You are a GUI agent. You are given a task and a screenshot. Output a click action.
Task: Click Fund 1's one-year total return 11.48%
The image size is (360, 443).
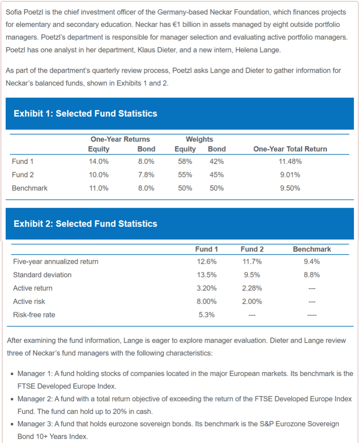pos(290,162)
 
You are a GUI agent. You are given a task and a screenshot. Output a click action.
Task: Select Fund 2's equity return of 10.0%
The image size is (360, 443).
pos(99,175)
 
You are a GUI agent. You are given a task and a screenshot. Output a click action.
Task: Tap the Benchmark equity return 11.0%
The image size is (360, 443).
pos(99,189)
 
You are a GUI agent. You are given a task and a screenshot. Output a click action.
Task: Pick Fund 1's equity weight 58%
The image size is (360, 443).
pos(185,162)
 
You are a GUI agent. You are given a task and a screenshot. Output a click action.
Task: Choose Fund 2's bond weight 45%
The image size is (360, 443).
pos(216,175)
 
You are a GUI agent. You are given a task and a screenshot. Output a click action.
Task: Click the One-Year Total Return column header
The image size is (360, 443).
pos(290,149)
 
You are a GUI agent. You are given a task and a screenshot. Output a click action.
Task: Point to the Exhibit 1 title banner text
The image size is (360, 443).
pos(85,114)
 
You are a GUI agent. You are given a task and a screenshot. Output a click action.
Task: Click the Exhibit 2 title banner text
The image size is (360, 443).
pos(85,224)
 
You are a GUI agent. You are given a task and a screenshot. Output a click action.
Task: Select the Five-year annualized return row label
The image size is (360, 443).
pos(55,262)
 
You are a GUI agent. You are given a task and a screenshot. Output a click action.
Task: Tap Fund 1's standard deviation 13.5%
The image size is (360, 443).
pos(206,275)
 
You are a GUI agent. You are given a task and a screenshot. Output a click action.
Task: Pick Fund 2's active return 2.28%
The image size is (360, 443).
pos(252,289)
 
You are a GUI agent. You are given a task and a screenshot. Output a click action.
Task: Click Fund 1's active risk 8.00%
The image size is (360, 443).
pos(206,302)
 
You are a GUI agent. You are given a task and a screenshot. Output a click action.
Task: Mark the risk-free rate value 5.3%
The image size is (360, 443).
pos(206,315)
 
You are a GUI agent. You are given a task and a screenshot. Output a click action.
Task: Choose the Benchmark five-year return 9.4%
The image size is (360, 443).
pos(312,262)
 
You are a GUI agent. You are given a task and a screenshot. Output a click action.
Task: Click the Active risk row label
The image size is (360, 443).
pos(29,302)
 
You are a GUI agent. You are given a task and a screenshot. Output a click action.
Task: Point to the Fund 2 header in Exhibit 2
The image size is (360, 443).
pos(252,249)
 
